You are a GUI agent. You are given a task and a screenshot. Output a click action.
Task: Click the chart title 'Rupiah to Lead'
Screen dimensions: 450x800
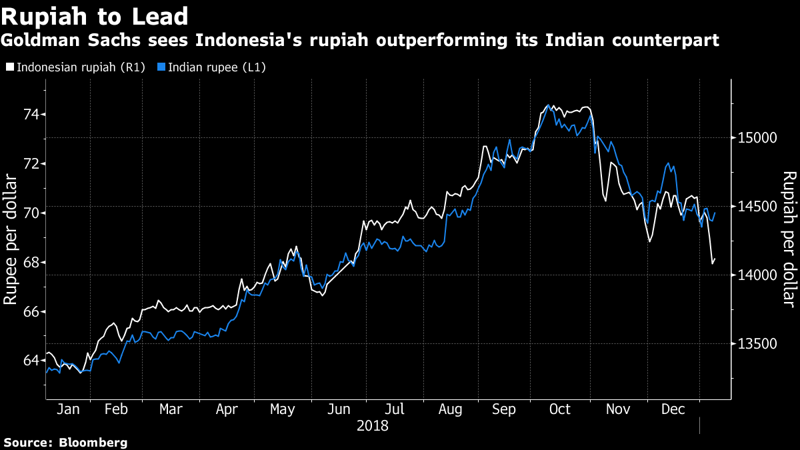coord(94,16)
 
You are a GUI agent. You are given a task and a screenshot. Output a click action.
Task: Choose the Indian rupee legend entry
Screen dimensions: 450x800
coord(211,67)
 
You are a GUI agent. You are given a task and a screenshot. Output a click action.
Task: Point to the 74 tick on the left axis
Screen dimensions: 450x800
coord(31,115)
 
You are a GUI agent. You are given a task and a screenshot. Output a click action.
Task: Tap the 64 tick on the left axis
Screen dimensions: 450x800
coord(31,361)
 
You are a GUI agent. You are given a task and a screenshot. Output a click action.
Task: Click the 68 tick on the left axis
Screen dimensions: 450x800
coord(31,262)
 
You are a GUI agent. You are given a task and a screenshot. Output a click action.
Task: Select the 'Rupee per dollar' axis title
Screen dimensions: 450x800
coord(11,239)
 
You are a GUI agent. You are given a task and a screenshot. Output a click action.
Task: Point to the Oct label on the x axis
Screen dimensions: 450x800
coord(560,409)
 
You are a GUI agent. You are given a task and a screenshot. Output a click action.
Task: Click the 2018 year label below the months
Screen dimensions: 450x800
coord(372,425)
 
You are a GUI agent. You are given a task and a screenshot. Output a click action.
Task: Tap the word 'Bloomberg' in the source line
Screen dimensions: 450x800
coord(93,442)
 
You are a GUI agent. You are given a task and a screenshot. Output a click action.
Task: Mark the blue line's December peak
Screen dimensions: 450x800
coord(667,163)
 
